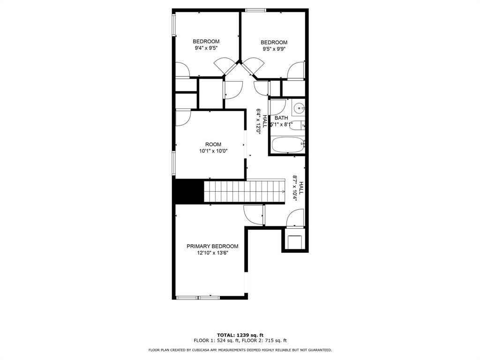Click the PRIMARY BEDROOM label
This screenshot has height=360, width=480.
tap(212, 246)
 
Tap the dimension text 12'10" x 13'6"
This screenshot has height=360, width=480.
tap(212, 253)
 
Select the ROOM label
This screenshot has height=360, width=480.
tap(213, 144)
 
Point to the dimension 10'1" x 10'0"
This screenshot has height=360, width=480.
tap(213, 151)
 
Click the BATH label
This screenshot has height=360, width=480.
tap(281, 118)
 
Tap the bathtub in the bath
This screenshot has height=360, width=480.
tap(288, 145)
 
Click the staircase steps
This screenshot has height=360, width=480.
tap(244, 192)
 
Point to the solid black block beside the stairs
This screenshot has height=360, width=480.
tap(188, 191)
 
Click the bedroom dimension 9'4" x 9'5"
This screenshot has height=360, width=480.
tap(206, 48)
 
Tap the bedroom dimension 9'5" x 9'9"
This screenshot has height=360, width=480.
tap(274, 49)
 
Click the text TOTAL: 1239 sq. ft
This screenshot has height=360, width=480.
tap(240, 335)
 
